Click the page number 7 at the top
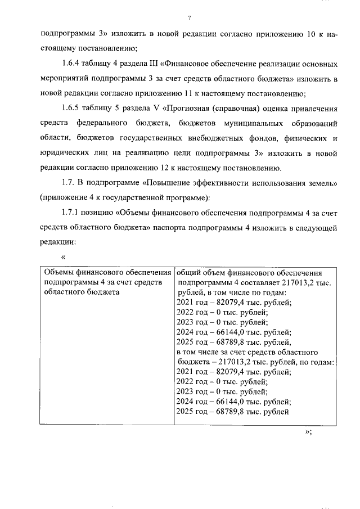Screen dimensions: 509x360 coord(190,17)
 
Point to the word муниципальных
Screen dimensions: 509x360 coord(247,123)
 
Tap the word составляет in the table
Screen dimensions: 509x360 coord(261,283)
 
